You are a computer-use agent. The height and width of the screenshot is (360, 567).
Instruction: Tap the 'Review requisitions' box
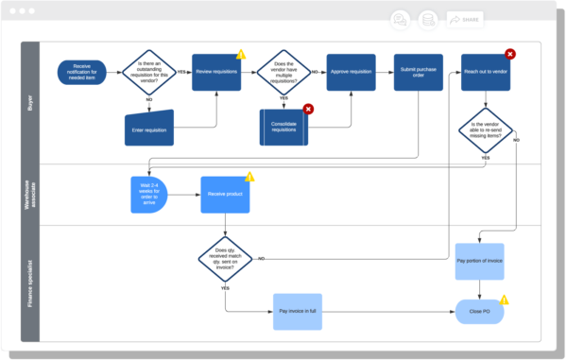(217, 72)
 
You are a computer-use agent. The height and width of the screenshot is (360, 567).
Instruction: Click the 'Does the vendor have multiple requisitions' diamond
(283, 72)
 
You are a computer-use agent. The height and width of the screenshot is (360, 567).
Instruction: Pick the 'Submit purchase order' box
(418, 72)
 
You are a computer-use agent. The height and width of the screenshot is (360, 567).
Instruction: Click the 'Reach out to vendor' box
(485, 72)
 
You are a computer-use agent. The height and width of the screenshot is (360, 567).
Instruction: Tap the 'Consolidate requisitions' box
(283, 128)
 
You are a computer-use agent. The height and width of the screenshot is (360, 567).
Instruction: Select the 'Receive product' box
(224, 195)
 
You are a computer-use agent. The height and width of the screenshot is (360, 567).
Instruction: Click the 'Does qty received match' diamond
(224, 258)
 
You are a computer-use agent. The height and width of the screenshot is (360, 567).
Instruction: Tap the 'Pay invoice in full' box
(298, 310)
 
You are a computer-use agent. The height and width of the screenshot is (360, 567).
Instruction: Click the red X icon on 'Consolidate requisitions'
(308, 110)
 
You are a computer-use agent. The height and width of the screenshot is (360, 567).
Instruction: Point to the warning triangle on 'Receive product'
(250, 177)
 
